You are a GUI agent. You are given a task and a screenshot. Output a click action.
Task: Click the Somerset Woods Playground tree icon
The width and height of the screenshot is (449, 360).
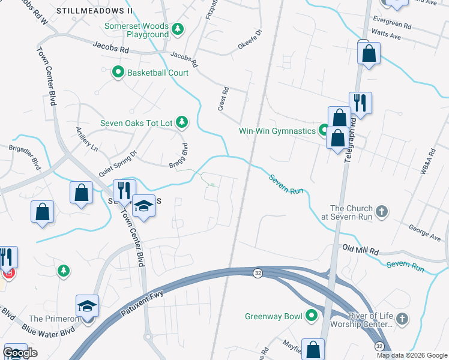click(177, 29)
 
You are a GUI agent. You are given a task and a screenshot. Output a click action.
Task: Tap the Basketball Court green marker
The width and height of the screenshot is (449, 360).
click(118, 73)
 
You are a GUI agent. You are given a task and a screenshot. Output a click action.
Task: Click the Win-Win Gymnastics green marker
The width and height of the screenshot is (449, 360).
click(325, 130)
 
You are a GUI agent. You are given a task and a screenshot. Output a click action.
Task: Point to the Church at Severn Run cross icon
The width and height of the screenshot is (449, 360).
click(382, 211)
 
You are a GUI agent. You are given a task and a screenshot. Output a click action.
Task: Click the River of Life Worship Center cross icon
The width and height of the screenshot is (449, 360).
click(403, 319)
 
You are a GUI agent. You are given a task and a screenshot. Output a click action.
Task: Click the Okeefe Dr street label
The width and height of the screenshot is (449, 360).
click(250, 41)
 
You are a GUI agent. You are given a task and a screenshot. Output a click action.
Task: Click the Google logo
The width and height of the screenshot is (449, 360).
click(20, 353)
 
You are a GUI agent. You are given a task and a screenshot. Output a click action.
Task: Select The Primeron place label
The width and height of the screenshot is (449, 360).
click(53, 319)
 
